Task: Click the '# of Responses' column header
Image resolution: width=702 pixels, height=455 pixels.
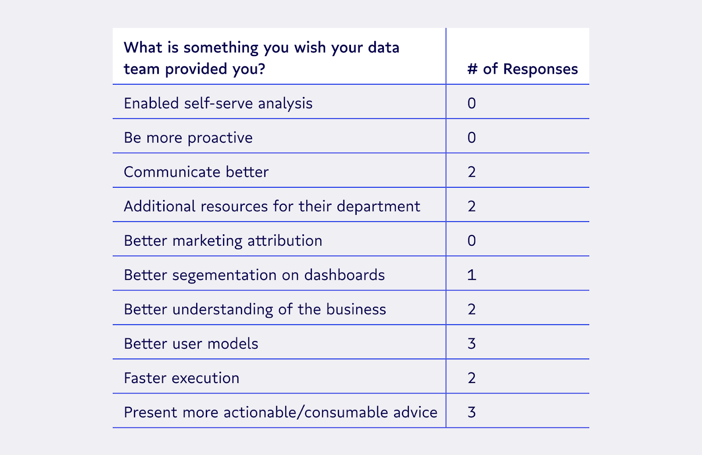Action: pyautogui.click(x=522, y=69)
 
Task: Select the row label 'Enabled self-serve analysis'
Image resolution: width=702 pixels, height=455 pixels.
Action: pyautogui.click(x=218, y=103)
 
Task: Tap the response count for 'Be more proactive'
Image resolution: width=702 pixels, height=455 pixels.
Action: pyautogui.click(x=472, y=137)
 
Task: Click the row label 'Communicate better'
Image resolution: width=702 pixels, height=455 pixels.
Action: pyautogui.click(x=196, y=172)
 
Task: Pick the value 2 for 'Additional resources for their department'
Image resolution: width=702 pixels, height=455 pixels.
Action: pyautogui.click(x=472, y=206)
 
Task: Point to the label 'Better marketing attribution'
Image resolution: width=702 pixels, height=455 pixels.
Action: pyautogui.click(x=223, y=240)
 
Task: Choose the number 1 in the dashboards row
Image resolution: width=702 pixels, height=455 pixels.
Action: pyautogui.click(x=472, y=275)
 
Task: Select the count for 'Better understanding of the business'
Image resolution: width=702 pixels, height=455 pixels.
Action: pyautogui.click(x=472, y=309)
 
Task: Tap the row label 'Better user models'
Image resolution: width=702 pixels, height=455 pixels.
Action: pyautogui.click(x=191, y=344)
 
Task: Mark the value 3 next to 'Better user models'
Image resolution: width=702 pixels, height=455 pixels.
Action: pyautogui.click(x=472, y=344)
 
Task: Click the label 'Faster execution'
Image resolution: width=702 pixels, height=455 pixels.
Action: pyautogui.click(x=181, y=378)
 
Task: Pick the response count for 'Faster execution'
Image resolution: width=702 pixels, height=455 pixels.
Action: pyautogui.click(x=472, y=378)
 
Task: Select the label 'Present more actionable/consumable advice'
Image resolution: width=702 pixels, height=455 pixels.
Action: pyautogui.click(x=280, y=412)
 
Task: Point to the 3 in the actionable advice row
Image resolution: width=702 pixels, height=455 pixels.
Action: pyautogui.click(x=472, y=412)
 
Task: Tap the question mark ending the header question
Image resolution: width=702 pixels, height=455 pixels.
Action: pyautogui.click(x=261, y=69)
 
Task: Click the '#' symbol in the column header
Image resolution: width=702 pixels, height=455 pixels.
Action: pyautogui.click(x=472, y=69)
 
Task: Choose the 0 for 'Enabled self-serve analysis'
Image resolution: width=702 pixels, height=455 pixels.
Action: pyautogui.click(x=472, y=103)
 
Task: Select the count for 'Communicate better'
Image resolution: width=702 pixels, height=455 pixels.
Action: pyautogui.click(x=472, y=172)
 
